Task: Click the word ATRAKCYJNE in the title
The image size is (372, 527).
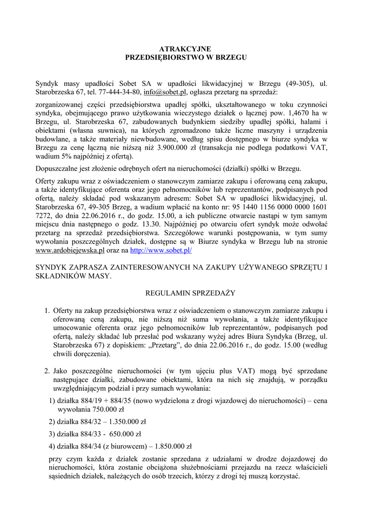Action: [186, 48]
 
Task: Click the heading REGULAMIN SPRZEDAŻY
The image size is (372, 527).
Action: [186, 293]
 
